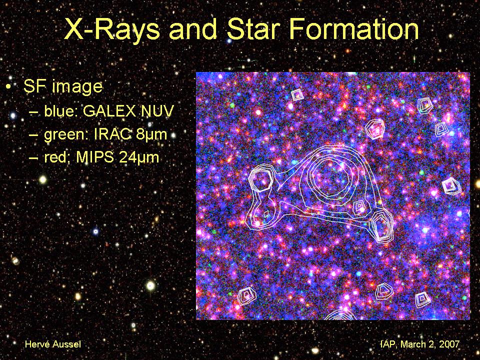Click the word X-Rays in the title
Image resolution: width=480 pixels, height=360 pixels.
click(112, 29)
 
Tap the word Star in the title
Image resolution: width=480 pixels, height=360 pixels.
click(254, 29)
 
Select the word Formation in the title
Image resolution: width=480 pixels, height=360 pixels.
click(354, 29)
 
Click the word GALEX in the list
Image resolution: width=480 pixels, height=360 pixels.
click(109, 111)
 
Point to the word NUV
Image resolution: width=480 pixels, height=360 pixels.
click(157, 111)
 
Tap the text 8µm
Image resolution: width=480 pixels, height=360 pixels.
click(151, 134)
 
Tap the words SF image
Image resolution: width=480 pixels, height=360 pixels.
click(63, 86)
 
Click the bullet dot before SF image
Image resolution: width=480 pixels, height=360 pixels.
click(8, 87)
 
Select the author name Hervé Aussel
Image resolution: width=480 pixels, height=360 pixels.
click(53, 344)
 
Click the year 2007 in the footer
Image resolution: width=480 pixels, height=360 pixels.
click(449, 344)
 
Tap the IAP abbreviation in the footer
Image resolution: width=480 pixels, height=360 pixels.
click(387, 344)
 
